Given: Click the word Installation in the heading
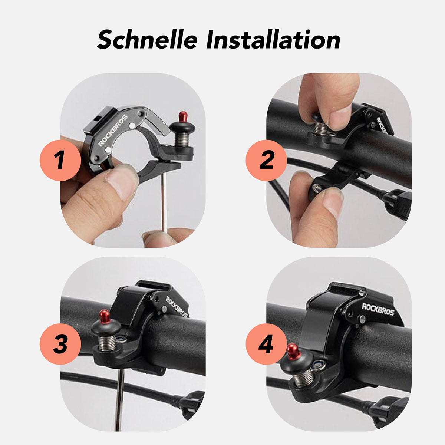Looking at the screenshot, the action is pyautogui.click(x=273, y=39).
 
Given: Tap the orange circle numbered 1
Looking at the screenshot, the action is pyautogui.click(x=60, y=160).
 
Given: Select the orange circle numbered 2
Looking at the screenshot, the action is pyautogui.click(x=266, y=160).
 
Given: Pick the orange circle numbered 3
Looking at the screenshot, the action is pyautogui.click(x=60, y=344).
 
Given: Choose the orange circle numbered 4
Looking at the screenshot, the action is pyautogui.click(x=266, y=344).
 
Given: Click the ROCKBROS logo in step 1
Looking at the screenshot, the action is pyautogui.click(x=113, y=131).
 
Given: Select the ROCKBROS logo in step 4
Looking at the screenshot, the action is pyautogui.click(x=378, y=309).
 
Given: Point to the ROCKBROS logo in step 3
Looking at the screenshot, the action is pyautogui.click(x=177, y=307).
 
